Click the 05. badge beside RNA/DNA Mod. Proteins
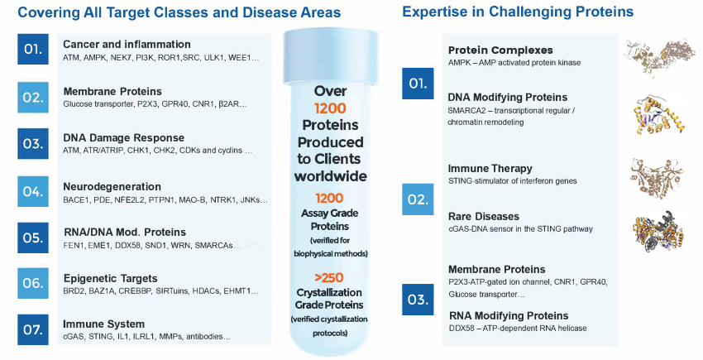[33, 238]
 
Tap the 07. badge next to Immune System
[33, 329]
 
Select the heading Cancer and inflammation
[127, 45]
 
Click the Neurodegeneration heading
[112, 187]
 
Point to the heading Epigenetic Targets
[110, 278]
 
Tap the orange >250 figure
[329, 278]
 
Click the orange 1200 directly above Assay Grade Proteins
[329, 198]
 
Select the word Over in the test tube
[331, 91]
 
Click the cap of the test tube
[331, 57]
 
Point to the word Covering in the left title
[48, 12]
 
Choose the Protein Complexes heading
[500, 50]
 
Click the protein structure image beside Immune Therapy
[657, 178]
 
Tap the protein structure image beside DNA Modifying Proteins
[658, 115]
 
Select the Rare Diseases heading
[484, 216]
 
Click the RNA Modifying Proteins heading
[509, 315]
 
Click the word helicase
[571, 328]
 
